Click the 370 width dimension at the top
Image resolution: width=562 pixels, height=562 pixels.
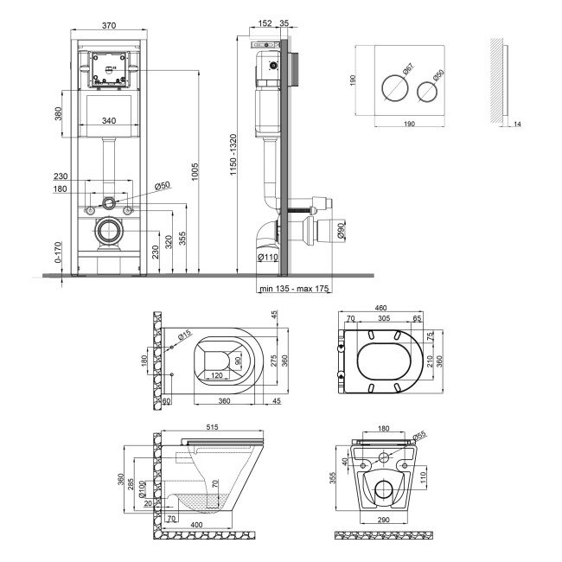[109, 25]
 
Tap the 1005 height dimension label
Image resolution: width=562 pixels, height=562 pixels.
[195, 172]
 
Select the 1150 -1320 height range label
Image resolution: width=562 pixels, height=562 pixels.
[233, 155]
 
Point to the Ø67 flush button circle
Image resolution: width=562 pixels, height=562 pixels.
[394, 88]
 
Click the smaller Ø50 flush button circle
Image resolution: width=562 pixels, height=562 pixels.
[427, 92]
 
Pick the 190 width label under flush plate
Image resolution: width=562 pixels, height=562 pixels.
[409, 124]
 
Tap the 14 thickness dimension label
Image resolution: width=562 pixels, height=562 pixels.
[517, 124]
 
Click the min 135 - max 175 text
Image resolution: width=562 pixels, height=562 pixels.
[294, 288]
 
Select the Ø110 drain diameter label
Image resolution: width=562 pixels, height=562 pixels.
[268, 257]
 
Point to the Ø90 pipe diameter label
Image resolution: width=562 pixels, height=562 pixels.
[341, 231]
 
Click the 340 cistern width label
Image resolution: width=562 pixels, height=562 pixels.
[109, 120]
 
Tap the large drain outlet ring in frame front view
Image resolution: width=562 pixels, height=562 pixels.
[108, 231]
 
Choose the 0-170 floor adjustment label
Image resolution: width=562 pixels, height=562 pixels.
[58, 252]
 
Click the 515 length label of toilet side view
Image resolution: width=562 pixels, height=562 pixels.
[212, 427]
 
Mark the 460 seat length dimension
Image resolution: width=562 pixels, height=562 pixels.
[380, 308]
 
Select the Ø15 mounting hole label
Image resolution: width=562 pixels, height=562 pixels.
[185, 335]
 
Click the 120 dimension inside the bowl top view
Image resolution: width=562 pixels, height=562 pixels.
[216, 375]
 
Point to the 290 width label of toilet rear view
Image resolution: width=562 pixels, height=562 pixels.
[383, 520]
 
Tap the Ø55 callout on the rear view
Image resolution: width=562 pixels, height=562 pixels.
[419, 436]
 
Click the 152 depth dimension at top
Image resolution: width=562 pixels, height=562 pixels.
[265, 23]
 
